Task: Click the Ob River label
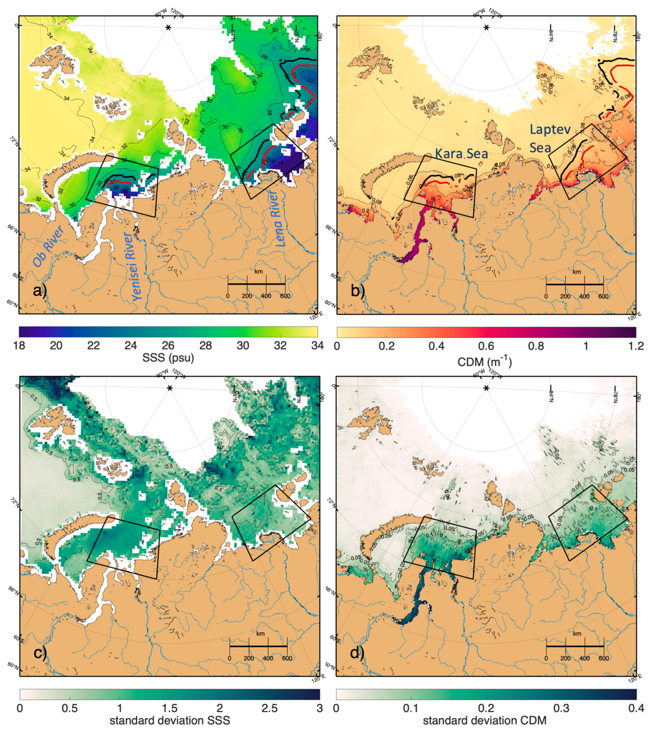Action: click(48, 246)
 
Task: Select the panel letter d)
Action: click(358, 653)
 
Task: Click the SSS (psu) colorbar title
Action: click(168, 358)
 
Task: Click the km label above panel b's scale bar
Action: click(576, 272)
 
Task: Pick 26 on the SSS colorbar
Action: click(168, 346)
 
